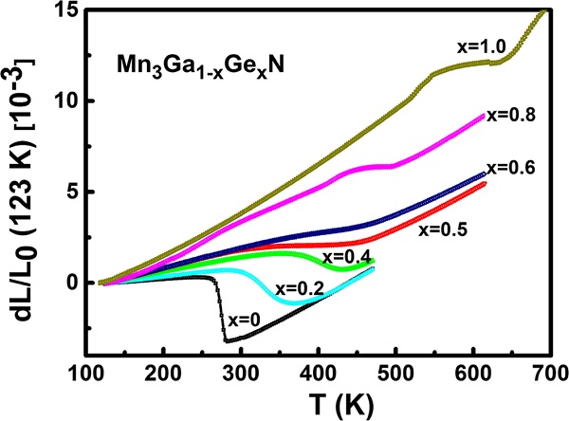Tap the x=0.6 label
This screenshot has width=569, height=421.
pos(511,168)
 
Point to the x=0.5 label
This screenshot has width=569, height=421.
pos(478,229)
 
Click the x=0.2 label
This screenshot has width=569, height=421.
pos(301,288)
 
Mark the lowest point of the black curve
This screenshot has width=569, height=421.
pos(226,339)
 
